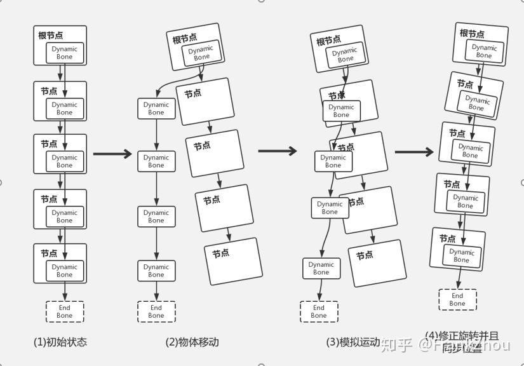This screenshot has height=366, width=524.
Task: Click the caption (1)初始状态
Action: click(60, 342)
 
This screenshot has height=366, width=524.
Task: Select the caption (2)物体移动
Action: click(192, 342)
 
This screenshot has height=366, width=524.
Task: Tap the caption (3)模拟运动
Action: click(353, 342)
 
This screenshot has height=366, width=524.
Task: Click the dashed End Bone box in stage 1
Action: click(64, 311)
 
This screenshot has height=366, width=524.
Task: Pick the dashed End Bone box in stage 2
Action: click(156, 311)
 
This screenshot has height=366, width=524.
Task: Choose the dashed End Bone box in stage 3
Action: click(319, 311)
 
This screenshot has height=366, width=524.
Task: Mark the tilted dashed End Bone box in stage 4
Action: click(457, 299)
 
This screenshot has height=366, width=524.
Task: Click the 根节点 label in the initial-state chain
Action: click(51, 36)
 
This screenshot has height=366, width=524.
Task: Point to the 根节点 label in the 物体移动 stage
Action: click(185, 39)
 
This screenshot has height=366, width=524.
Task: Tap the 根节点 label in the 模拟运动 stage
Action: click(328, 41)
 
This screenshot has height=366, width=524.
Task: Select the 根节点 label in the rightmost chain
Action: click(472, 33)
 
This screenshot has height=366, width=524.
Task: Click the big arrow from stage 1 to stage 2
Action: click(112, 154)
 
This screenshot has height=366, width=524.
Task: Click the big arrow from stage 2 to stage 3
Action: click(278, 151)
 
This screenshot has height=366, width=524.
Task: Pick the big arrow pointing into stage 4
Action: click(414, 152)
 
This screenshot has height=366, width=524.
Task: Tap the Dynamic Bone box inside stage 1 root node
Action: click(64, 53)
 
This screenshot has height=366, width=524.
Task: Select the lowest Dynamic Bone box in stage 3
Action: click(321, 268)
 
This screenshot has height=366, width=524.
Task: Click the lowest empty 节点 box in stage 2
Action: click(233, 261)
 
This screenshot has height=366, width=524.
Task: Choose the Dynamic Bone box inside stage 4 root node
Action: click(484, 51)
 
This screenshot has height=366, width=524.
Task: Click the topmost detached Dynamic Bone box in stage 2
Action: click(156, 109)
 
